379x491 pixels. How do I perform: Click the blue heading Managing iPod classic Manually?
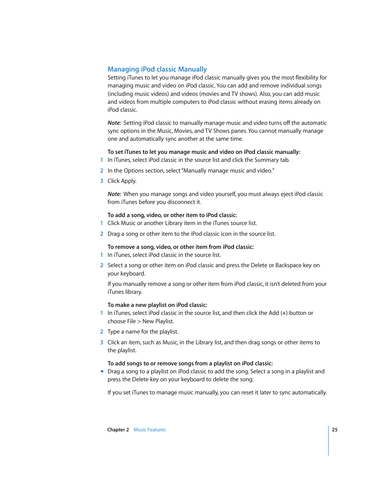tap(157, 69)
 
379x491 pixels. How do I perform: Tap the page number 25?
tap(335, 430)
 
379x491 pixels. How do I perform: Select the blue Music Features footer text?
tap(150, 430)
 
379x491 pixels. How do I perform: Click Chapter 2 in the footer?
tap(118, 430)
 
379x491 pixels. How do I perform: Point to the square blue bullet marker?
tap(102, 371)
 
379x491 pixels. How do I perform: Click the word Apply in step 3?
tap(128, 181)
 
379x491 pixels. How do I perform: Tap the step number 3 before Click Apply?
tap(102, 181)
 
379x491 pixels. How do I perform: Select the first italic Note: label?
tap(114, 123)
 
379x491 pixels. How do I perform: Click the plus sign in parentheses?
tap(284, 313)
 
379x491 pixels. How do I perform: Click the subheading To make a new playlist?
tap(157, 305)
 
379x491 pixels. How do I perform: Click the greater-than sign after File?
tap(139, 321)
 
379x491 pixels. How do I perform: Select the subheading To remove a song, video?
tap(180, 247)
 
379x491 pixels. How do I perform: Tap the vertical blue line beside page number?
tap(329, 441)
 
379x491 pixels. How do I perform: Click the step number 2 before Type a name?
tap(102, 332)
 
